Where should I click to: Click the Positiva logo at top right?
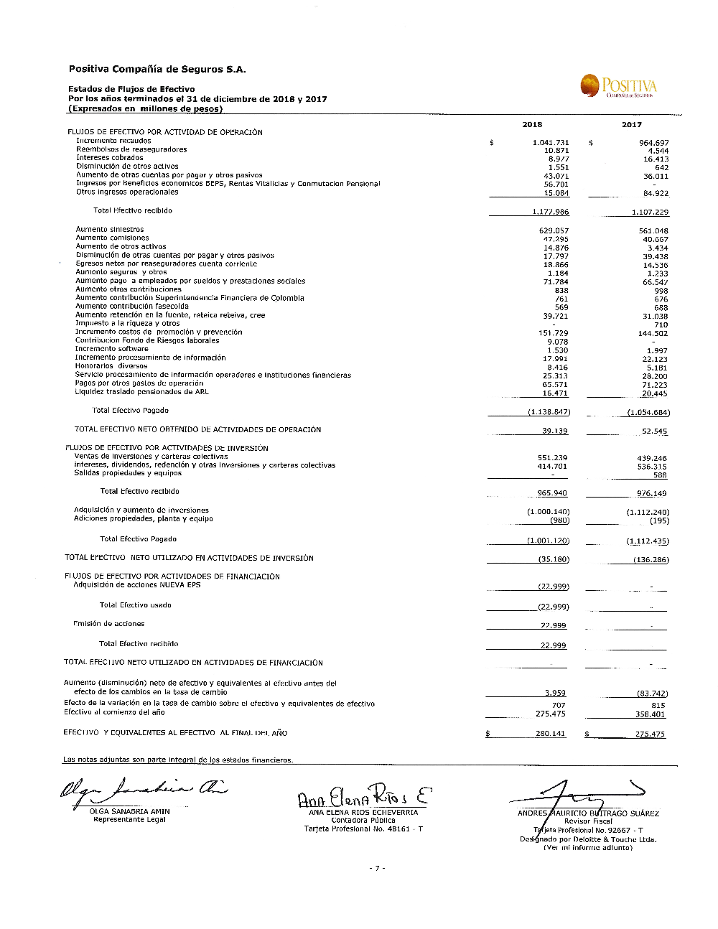point(618,86)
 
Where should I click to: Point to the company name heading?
point(157,70)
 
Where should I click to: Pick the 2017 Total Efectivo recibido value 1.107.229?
point(650,213)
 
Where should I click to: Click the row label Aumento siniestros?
point(110,230)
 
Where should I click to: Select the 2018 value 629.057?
point(554,231)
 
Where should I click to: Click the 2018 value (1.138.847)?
point(549,412)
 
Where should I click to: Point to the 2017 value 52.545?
point(654,431)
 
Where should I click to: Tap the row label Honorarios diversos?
point(111,366)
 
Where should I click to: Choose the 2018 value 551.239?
point(552,458)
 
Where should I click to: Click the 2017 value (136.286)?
point(651,560)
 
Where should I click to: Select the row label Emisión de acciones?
point(109,624)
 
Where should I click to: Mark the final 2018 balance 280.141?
point(550,734)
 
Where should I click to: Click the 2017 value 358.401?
point(650,714)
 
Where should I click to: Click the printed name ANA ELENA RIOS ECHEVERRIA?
point(363,813)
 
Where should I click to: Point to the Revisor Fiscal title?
point(588,821)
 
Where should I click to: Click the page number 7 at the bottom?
point(377,869)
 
